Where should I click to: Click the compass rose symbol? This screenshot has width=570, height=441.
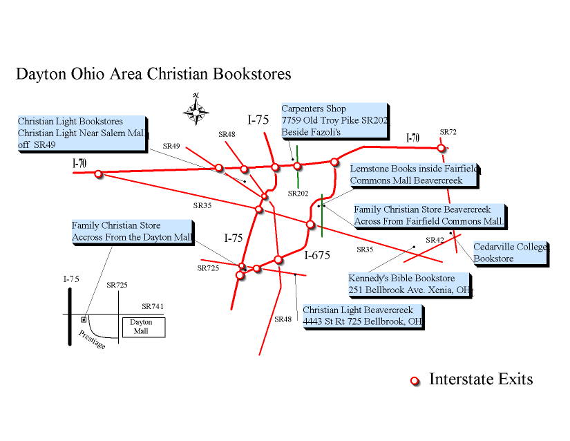click(x=197, y=109)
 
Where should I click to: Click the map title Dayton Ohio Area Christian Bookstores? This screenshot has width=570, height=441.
click(x=153, y=74)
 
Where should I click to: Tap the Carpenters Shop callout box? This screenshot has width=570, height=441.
click(x=334, y=120)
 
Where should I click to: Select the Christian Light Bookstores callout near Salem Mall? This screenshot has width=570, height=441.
click(x=82, y=133)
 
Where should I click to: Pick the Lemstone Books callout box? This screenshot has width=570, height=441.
click(x=414, y=175)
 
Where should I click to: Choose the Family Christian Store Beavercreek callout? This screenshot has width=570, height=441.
click(x=429, y=216)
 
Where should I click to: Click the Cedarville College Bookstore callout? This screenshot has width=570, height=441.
click(x=510, y=252)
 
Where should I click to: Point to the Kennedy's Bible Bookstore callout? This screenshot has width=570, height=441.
click(x=410, y=284)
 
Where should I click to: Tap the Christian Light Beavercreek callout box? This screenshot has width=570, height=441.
click(x=362, y=316)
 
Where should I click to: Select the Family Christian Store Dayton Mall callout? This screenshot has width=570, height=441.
click(x=131, y=232)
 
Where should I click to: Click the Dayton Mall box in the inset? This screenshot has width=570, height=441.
click(x=144, y=327)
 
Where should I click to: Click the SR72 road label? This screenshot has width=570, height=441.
click(x=448, y=131)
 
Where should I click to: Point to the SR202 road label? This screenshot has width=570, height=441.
click(x=298, y=194)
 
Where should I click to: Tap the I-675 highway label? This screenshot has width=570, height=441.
click(x=318, y=256)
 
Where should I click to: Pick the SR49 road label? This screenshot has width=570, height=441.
click(x=171, y=146)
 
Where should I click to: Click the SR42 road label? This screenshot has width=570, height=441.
click(x=435, y=240)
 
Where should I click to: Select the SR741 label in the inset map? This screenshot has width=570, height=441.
click(x=153, y=306)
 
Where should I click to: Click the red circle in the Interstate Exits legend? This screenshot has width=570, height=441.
click(x=415, y=381)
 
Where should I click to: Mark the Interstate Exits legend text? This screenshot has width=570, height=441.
click(x=481, y=379)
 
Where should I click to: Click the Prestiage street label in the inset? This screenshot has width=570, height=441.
click(x=92, y=339)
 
